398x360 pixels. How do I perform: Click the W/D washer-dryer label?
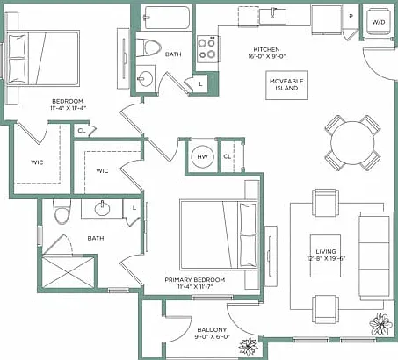pyautogui.click(x=379, y=22)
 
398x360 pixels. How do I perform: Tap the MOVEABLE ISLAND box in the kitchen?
pyautogui.click(x=286, y=85)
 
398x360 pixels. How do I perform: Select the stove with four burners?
pyautogui.click(x=207, y=49)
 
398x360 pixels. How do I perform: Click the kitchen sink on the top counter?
pyautogui.click(x=273, y=17)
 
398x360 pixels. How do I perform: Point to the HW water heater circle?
pyautogui.click(x=202, y=157)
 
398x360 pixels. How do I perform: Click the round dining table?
pyautogui.click(x=352, y=143)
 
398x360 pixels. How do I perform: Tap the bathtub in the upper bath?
pyautogui.click(x=167, y=18)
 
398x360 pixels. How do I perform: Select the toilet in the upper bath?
pyautogui.click(x=152, y=47)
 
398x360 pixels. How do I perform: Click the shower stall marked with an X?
pyautogui.click(x=69, y=272)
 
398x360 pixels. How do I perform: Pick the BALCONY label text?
pyautogui.click(x=212, y=330)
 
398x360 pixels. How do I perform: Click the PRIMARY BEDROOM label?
pyautogui.click(x=195, y=280)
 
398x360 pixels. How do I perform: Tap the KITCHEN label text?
pyautogui.click(x=266, y=49)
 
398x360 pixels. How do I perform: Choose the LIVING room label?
pyautogui.click(x=326, y=251)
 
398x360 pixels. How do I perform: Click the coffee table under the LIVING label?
pyautogui.click(x=326, y=256)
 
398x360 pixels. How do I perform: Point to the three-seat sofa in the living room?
pyautogui.click(x=377, y=256)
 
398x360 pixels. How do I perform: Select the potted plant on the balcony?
pyautogui.click(x=249, y=347)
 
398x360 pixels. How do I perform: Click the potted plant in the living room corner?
pyautogui.click(x=380, y=324)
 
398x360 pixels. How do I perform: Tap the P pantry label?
pyautogui.click(x=351, y=17)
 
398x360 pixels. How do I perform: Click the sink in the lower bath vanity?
pyautogui.click(x=102, y=209)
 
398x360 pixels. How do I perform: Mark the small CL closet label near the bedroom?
pyautogui.click(x=82, y=131)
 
